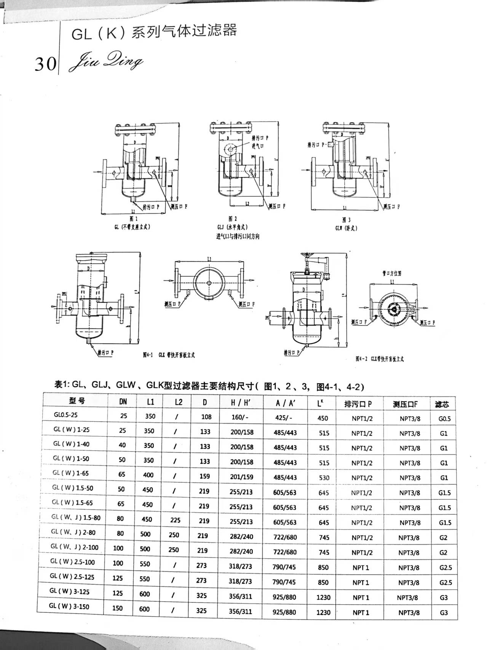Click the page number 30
click(x=45, y=64)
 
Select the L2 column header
click(x=178, y=402)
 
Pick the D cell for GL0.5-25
click(x=206, y=416)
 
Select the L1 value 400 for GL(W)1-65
click(x=148, y=475)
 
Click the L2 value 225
click(x=175, y=520)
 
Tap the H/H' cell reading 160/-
click(x=240, y=417)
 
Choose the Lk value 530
click(x=324, y=477)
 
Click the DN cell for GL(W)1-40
click(x=123, y=445)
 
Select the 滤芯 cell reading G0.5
click(x=444, y=419)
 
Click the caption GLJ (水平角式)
click(x=233, y=227)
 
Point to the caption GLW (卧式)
click(x=346, y=228)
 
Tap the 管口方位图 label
click(x=392, y=273)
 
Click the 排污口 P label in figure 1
click(x=151, y=207)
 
